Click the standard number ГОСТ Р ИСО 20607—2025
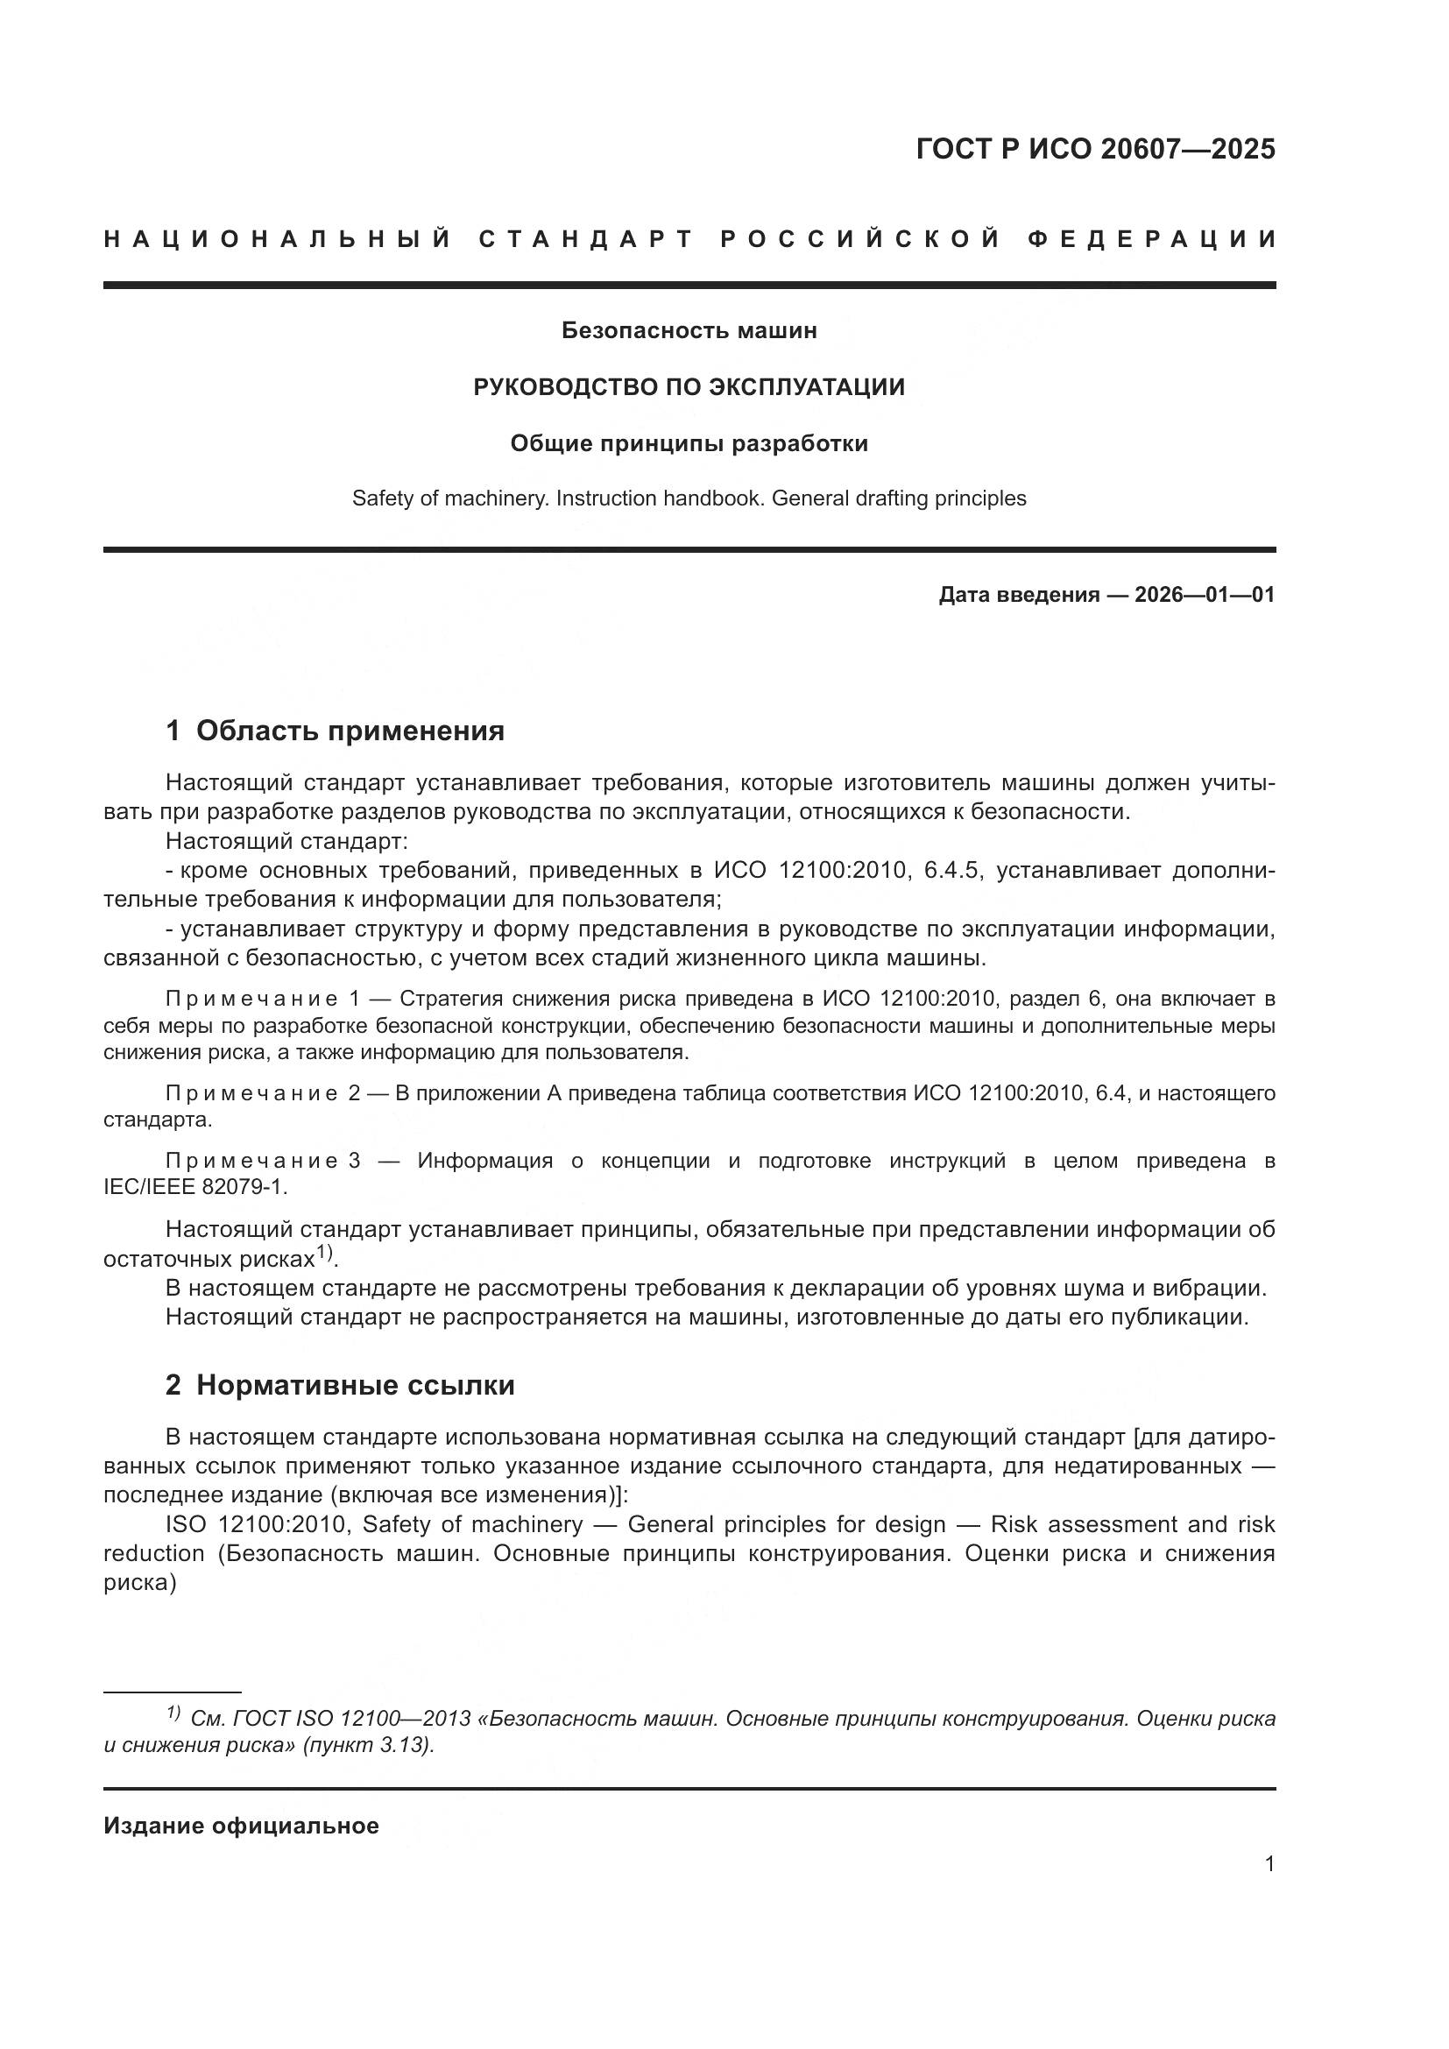pos(1095,149)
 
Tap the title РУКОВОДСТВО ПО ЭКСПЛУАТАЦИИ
pos(689,387)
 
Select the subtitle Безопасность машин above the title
pos(689,331)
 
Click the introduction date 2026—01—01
pos(1205,594)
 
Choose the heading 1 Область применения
pos(335,731)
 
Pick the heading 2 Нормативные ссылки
pos(340,1385)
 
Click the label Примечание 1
pos(262,999)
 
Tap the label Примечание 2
pos(262,1093)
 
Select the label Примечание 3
pos(262,1161)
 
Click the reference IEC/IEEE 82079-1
pos(195,1187)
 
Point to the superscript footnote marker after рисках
pos(325,1252)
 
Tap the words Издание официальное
pos(241,1826)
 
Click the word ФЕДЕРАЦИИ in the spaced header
pos(1152,239)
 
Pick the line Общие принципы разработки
pos(689,443)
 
